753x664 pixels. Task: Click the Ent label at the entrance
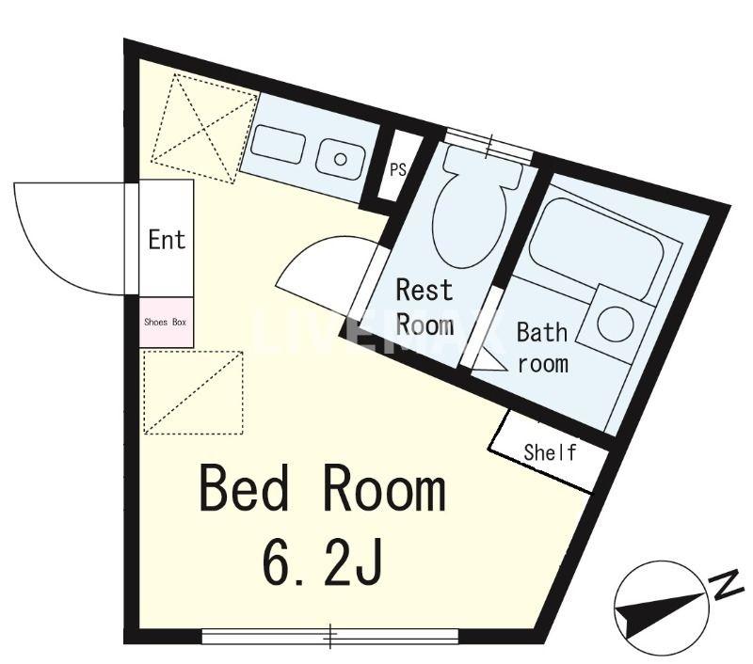point(167,240)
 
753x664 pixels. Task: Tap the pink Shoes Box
point(167,323)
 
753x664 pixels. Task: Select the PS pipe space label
point(397,169)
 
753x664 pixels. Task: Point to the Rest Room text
point(425,307)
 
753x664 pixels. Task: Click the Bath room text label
point(542,348)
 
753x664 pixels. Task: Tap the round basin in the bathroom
point(616,324)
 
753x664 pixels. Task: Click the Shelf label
point(550,453)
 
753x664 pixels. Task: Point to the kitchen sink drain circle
point(341,159)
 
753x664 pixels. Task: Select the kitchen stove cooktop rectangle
point(278,145)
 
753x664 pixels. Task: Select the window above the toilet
point(488,144)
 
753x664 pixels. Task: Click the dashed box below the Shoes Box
point(193,393)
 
